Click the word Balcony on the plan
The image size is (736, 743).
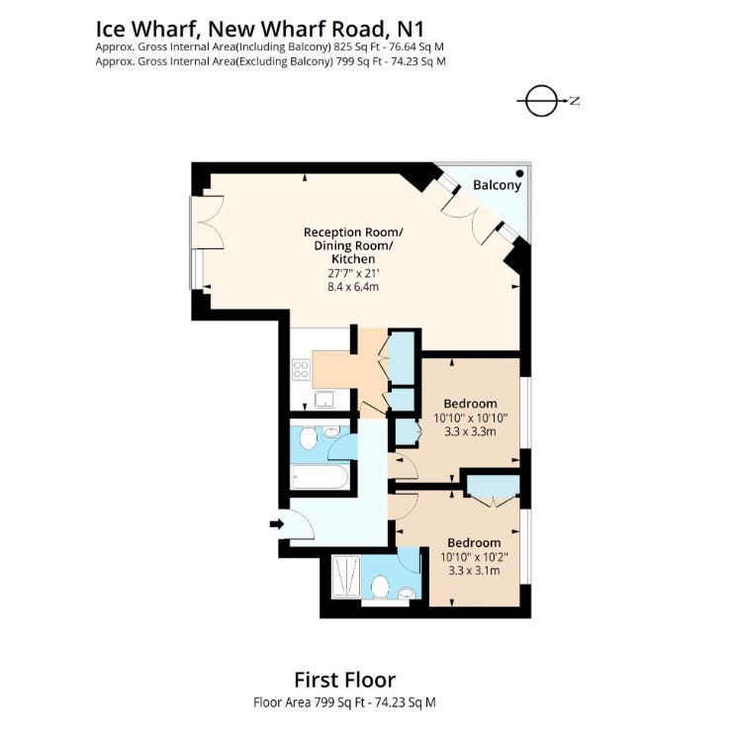pos(496,185)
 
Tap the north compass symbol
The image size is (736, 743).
pos(542,101)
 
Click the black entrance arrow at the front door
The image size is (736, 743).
pos(276,523)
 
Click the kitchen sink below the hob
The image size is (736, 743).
pos(322,399)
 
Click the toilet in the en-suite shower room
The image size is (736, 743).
pos(379,588)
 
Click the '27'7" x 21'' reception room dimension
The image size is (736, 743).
pos(353,273)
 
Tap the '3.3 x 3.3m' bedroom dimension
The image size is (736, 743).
pos(470,432)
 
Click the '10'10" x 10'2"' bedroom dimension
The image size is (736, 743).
pos(473,557)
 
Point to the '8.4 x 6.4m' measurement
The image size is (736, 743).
pos(353,287)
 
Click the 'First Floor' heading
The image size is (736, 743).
pos(344,680)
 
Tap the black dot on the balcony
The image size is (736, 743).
pos(519,173)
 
